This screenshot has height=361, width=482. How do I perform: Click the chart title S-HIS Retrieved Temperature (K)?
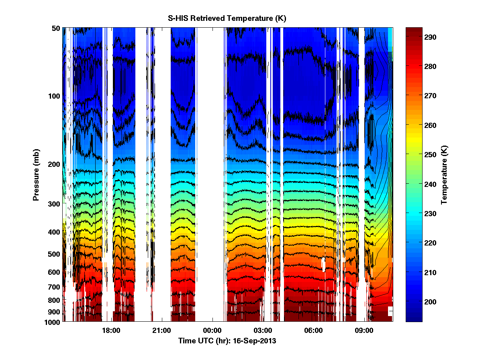pyautogui.click(x=227, y=18)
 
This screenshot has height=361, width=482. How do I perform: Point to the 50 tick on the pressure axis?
pyautogui.click(x=55, y=28)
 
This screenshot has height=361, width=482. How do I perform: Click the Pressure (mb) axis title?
pyautogui.click(x=36, y=174)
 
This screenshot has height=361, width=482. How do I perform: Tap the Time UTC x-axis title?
pyautogui.click(x=227, y=341)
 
